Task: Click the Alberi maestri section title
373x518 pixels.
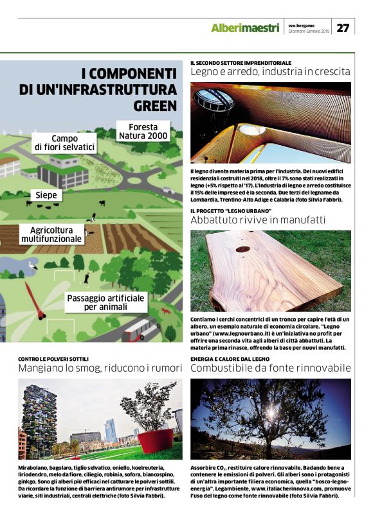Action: [245, 28]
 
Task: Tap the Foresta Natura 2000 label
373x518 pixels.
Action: [143, 131]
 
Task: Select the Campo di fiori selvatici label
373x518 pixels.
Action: [65, 142]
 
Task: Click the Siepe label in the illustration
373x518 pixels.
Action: [46, 194]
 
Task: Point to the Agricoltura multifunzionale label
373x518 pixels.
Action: [51, 234]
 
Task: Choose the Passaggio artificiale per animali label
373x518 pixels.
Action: [107, 302]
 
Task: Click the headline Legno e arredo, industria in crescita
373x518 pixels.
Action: [270, 72]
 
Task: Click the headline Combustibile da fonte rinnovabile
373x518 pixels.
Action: [270, 368]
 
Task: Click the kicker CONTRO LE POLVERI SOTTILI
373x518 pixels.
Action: [53, 358]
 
